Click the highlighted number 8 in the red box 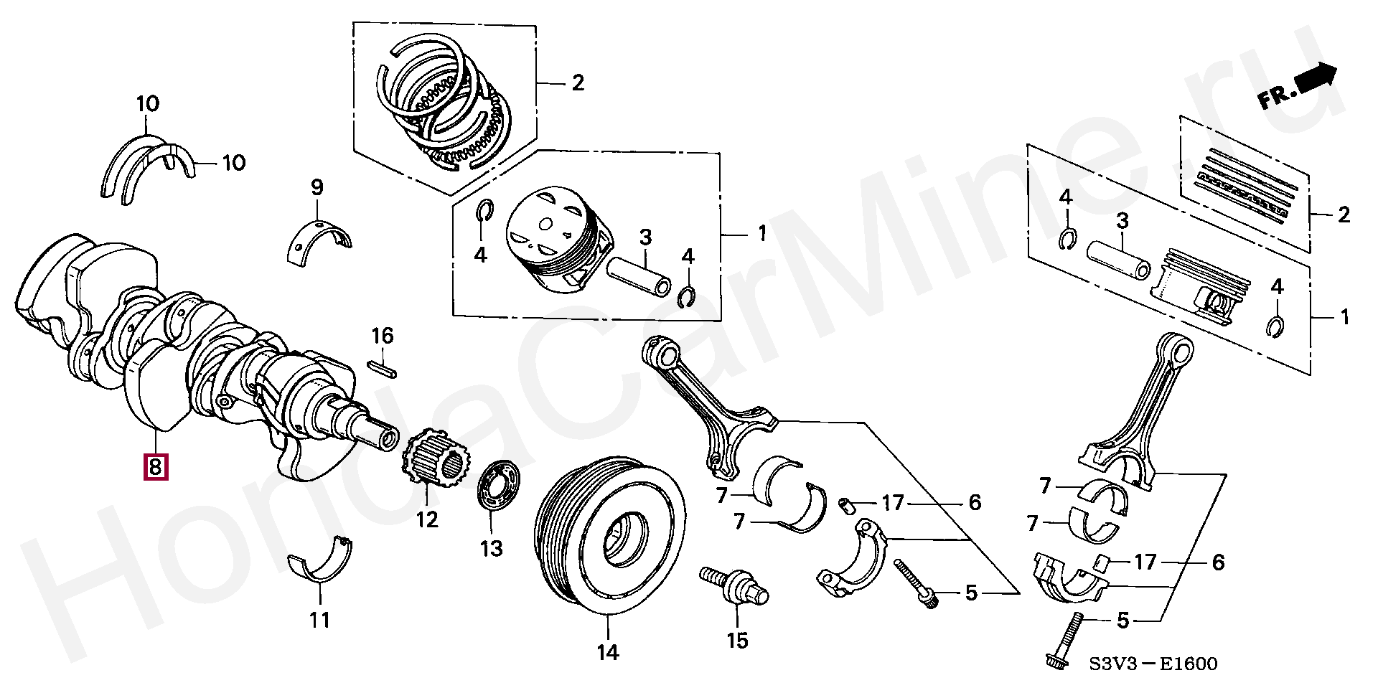coord(156,467)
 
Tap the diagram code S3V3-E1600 coord(1146,664)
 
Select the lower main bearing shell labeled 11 coord(321,565)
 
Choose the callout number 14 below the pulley coord(607,652)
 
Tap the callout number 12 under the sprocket coord(427,518)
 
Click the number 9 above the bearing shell coord(317,188)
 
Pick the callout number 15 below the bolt coord(737,640)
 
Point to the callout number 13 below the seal coord(492,549)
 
